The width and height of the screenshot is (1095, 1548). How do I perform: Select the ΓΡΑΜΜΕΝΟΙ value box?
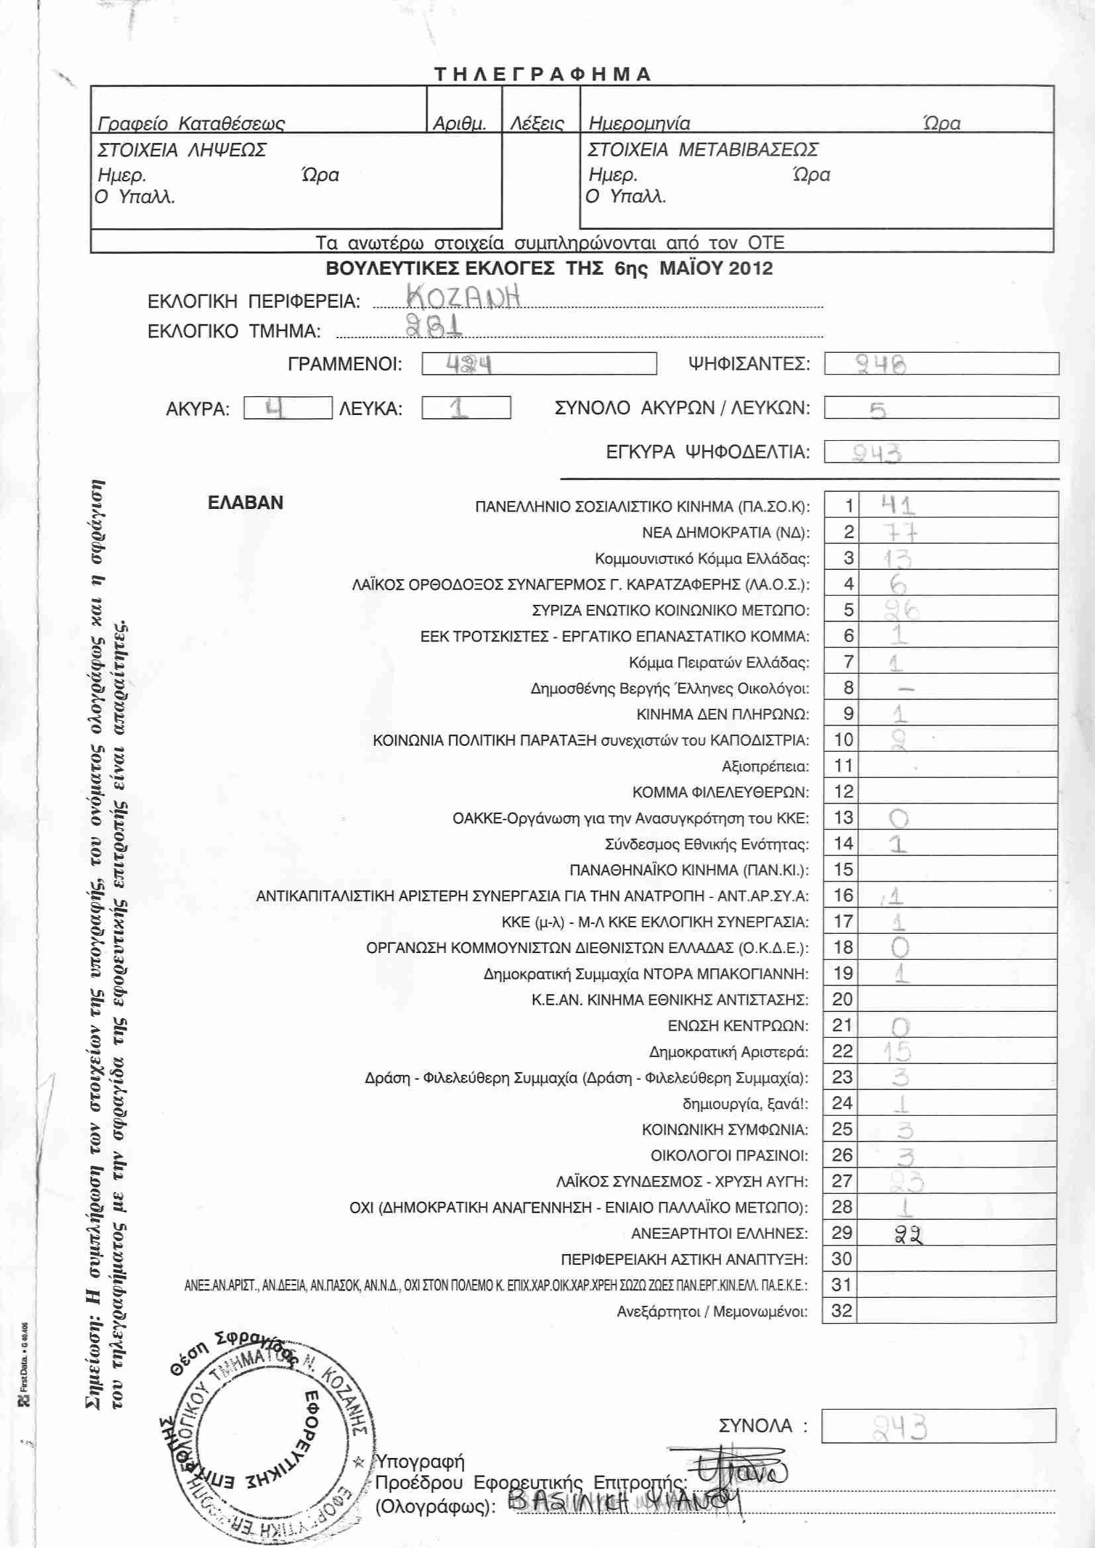539,364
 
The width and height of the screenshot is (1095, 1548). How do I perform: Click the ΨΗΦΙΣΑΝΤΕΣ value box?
941,364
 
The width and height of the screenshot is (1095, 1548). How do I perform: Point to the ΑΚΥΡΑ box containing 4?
287,408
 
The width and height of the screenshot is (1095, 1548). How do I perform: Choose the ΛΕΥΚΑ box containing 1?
465,408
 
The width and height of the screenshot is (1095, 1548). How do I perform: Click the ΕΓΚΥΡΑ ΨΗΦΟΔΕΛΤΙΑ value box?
941,452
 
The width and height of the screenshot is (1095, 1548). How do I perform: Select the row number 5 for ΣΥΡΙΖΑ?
848,610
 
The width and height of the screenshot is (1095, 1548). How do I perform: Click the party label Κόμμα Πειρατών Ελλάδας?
718,662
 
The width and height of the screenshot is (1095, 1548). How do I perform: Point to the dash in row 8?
907,689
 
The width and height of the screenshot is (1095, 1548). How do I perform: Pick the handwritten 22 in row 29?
908,1234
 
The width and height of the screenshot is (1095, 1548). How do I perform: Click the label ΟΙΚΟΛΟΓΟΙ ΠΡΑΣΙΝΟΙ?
729,1156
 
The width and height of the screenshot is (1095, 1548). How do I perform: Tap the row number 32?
841,1310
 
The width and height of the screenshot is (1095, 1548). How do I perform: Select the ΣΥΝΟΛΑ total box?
938,1426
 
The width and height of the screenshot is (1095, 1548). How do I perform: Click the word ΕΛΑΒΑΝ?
246,503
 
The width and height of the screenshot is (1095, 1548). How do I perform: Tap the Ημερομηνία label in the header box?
640,123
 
